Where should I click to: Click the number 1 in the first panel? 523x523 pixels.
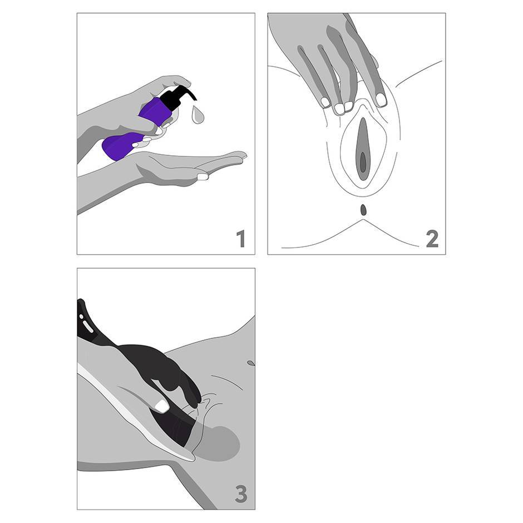(241, 239)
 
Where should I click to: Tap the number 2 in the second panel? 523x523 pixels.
(432, 239)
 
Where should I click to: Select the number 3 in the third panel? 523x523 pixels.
(241, 494)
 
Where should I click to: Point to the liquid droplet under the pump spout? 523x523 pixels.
(197, 115)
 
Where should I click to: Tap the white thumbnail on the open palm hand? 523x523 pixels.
(203, 176)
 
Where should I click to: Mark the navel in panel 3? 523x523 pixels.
(250, 363)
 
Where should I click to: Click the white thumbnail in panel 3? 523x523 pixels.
(162, 406)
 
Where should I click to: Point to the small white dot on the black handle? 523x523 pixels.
(81, 316)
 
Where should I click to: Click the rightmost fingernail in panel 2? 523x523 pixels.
(381, 100)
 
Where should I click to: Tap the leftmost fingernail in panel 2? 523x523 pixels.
(325, 102)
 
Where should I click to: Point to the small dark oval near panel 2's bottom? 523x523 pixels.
(363, 210)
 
